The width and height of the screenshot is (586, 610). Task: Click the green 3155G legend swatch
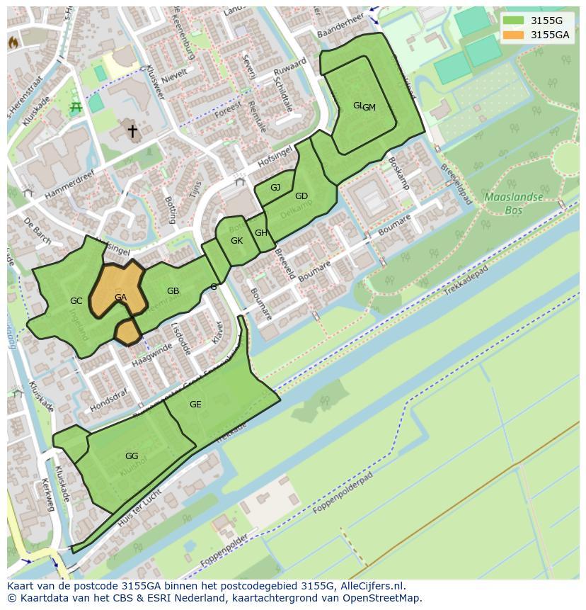(x=514, y=21)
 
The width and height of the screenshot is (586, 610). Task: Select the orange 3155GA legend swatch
(x=514, y=35)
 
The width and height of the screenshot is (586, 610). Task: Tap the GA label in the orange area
(x=120, y=298)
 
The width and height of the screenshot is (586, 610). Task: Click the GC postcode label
(x=76, y=301)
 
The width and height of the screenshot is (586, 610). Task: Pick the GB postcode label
(x=173, y=291)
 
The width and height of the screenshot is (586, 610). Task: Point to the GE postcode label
(x=195, y=405)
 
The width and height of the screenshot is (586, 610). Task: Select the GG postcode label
(x=132, y=456)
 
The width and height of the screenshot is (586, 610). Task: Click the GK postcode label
(x=236, y=241)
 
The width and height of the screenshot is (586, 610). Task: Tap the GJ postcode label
(x=275, y=188)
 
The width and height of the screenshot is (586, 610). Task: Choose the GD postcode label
(x=301, y=196)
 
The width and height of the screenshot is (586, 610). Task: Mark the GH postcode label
(x=260, y=233)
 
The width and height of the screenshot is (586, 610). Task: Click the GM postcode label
(x=369, y=108)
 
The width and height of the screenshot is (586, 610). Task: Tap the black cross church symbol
(x=132, y=131)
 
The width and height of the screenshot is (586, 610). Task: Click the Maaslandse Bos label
(x=513, y=203)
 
